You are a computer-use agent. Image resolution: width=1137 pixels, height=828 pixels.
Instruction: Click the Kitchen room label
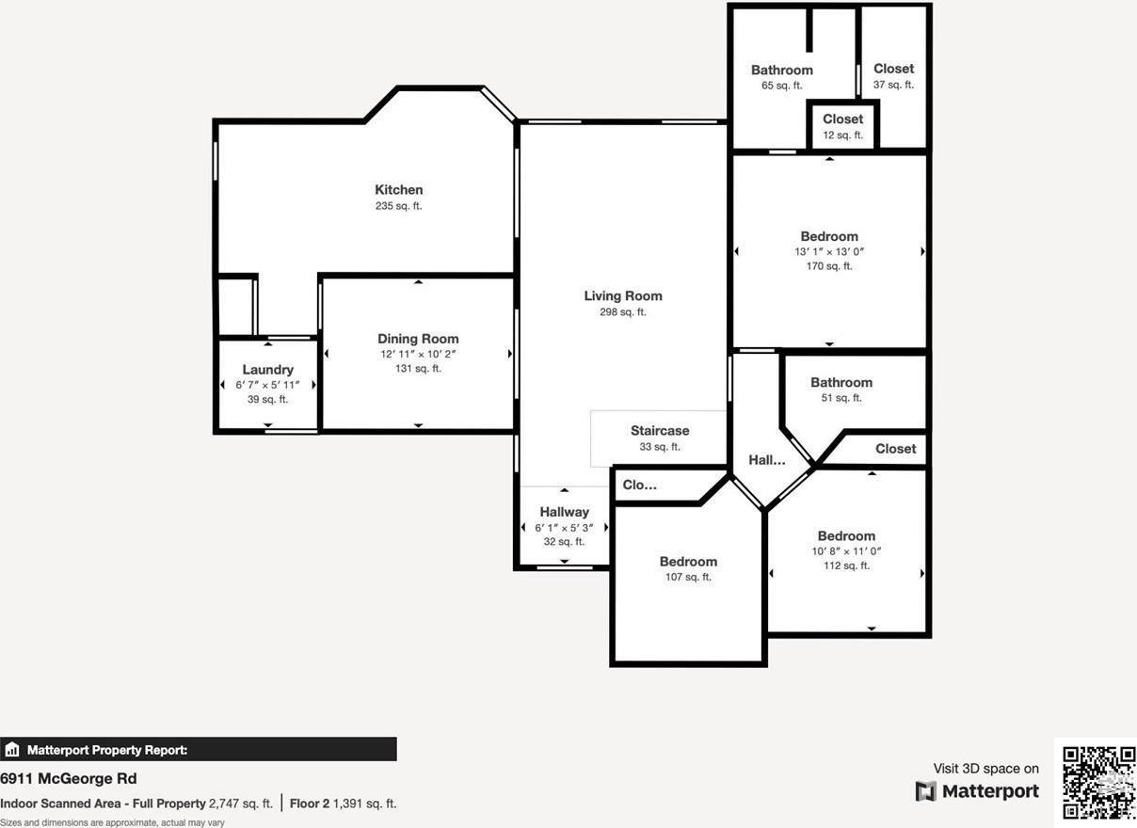pyautogui.click(x=398, y=190)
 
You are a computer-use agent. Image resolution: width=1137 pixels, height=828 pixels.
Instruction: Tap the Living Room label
pyautogui.click(x=623, y=295)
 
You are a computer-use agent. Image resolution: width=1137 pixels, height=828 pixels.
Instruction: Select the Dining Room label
pyautogui.click(x=418, y=339)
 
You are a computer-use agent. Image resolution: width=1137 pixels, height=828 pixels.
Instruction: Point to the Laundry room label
pyautogui.click(x=268, y=370)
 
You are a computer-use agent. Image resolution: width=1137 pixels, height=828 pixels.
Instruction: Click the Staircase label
pyautogui.click(x=660, y=431)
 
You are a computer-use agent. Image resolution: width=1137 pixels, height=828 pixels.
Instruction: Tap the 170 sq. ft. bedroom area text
pyautogui.click(x=829, y=266)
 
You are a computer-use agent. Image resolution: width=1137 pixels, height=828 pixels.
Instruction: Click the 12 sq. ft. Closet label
pyautogui.click(x=842, y=119)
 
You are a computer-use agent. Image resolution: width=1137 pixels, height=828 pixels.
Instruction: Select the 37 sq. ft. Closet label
pyautogui.click(x=893, y=69)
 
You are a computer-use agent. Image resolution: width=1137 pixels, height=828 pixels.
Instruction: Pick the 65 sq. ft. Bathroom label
pyautogui.click(x=781, y=70)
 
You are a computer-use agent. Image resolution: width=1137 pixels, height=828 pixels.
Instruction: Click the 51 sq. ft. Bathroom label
pyautogui.click(x=841, y=382)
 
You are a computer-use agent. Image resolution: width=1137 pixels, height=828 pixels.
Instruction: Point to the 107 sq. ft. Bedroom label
pyautogui.click(x=688, y=562)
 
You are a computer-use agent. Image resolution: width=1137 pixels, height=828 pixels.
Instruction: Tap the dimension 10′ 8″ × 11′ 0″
pyautogui.click(x=847, y=551)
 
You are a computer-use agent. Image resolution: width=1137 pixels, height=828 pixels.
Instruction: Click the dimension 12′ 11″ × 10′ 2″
pyautogui.click(x=418, y=354)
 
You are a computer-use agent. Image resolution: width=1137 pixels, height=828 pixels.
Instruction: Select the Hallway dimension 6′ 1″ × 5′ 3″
pyautogui.click(x=564, y=527)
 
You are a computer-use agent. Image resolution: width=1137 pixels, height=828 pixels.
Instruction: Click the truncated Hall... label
pyautogui.click(x=767, y=460)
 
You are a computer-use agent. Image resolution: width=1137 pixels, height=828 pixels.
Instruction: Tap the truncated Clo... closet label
pyautogui.click(x=640, y=486)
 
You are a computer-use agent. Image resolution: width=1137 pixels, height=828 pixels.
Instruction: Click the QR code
pyautogui.click(x=1098, y=783)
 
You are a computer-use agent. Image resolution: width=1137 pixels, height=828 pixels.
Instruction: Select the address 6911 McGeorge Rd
pyautogui.click(x=69, y=778)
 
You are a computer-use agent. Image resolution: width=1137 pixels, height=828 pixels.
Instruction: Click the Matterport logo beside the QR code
pyautogui.click(x=977, y=791)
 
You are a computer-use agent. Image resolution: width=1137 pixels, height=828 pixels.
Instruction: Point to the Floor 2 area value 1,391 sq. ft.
pyautogui.click(x=365, y=804)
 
